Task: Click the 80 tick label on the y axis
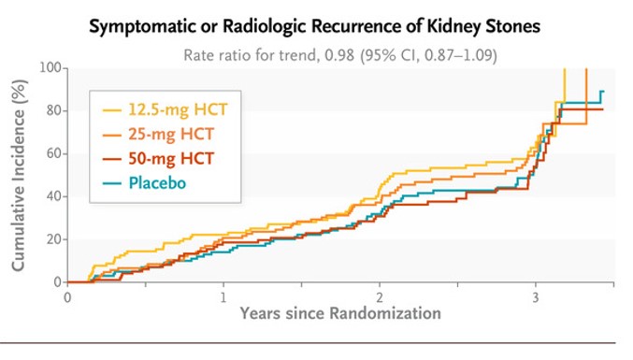point(53,110)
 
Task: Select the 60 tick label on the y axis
point(53,153)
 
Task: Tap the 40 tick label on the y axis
point(53,196)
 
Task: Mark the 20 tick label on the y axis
point(53,239)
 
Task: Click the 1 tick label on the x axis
point(223,297)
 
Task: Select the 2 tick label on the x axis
point(379,297)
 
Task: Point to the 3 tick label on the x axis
point(535,297)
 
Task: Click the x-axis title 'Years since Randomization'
point(339,313)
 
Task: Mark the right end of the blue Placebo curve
point(603,92)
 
